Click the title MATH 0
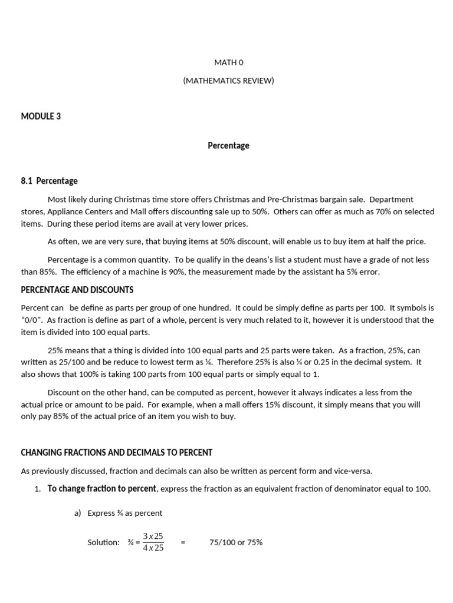click(x=228, y=62)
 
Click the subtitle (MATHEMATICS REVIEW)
click(x=228, y=81)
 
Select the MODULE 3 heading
click(x=41, y=117)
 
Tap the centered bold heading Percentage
click(x=228, y=145)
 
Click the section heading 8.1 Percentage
click(x=49, y=181)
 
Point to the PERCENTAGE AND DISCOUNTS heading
click(x=77, y=290)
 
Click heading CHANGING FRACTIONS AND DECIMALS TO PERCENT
click(x=116, y=453)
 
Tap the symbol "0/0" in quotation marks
click(x=32, y=320)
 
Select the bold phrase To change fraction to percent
click(x=102, y=489)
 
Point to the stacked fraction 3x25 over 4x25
click(x=153, y=542)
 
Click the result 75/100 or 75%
click(x=236, y=542)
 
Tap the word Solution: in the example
click(x=103, y=542)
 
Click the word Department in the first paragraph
click(x=391, y=200)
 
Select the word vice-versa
click(x=352, y=471)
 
